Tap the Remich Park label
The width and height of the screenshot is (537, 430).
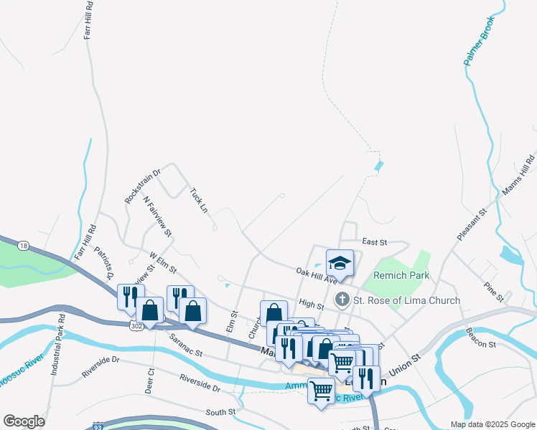[400, 275]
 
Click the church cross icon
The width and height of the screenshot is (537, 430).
[343, 300]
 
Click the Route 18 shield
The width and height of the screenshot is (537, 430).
[24, 246]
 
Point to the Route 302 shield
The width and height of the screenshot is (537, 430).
[136, 325]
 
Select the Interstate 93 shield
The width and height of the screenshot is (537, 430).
[98, 426]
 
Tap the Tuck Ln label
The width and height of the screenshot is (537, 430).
[199, 201]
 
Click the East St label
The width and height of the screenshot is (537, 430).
[375, 242]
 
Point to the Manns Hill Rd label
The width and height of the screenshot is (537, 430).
[519, 175]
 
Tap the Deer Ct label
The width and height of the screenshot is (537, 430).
[150, 381]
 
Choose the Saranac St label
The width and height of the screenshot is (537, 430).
[187, 344]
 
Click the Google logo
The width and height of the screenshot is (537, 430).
[24, 421]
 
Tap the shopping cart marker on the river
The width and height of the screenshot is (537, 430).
[321, 391]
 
